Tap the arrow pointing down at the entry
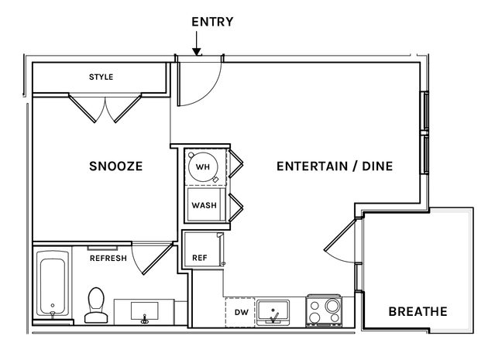197,50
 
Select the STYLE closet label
101,77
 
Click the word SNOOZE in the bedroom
116,166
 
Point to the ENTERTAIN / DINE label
335,166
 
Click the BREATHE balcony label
418,311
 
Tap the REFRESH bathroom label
108,258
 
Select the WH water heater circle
203,166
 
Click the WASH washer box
204,205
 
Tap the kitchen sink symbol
273,313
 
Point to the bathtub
53,285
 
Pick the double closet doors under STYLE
105,107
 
